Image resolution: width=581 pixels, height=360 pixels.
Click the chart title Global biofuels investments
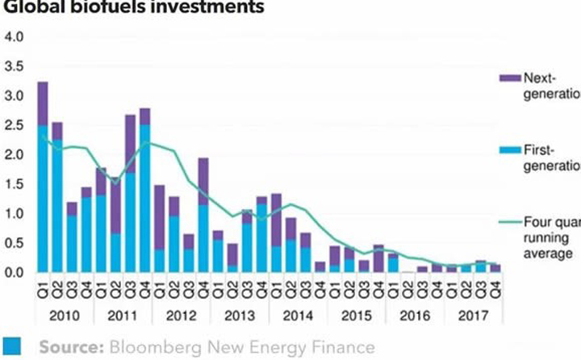point(133,8)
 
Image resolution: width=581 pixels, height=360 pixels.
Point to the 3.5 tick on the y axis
point(15,67)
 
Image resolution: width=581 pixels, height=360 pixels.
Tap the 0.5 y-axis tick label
point(15,244)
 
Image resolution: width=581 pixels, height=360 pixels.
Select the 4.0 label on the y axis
point(15,38)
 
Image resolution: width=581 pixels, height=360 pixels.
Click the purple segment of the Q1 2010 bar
point(43,103)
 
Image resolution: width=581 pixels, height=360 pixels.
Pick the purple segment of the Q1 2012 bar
point(160,217)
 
